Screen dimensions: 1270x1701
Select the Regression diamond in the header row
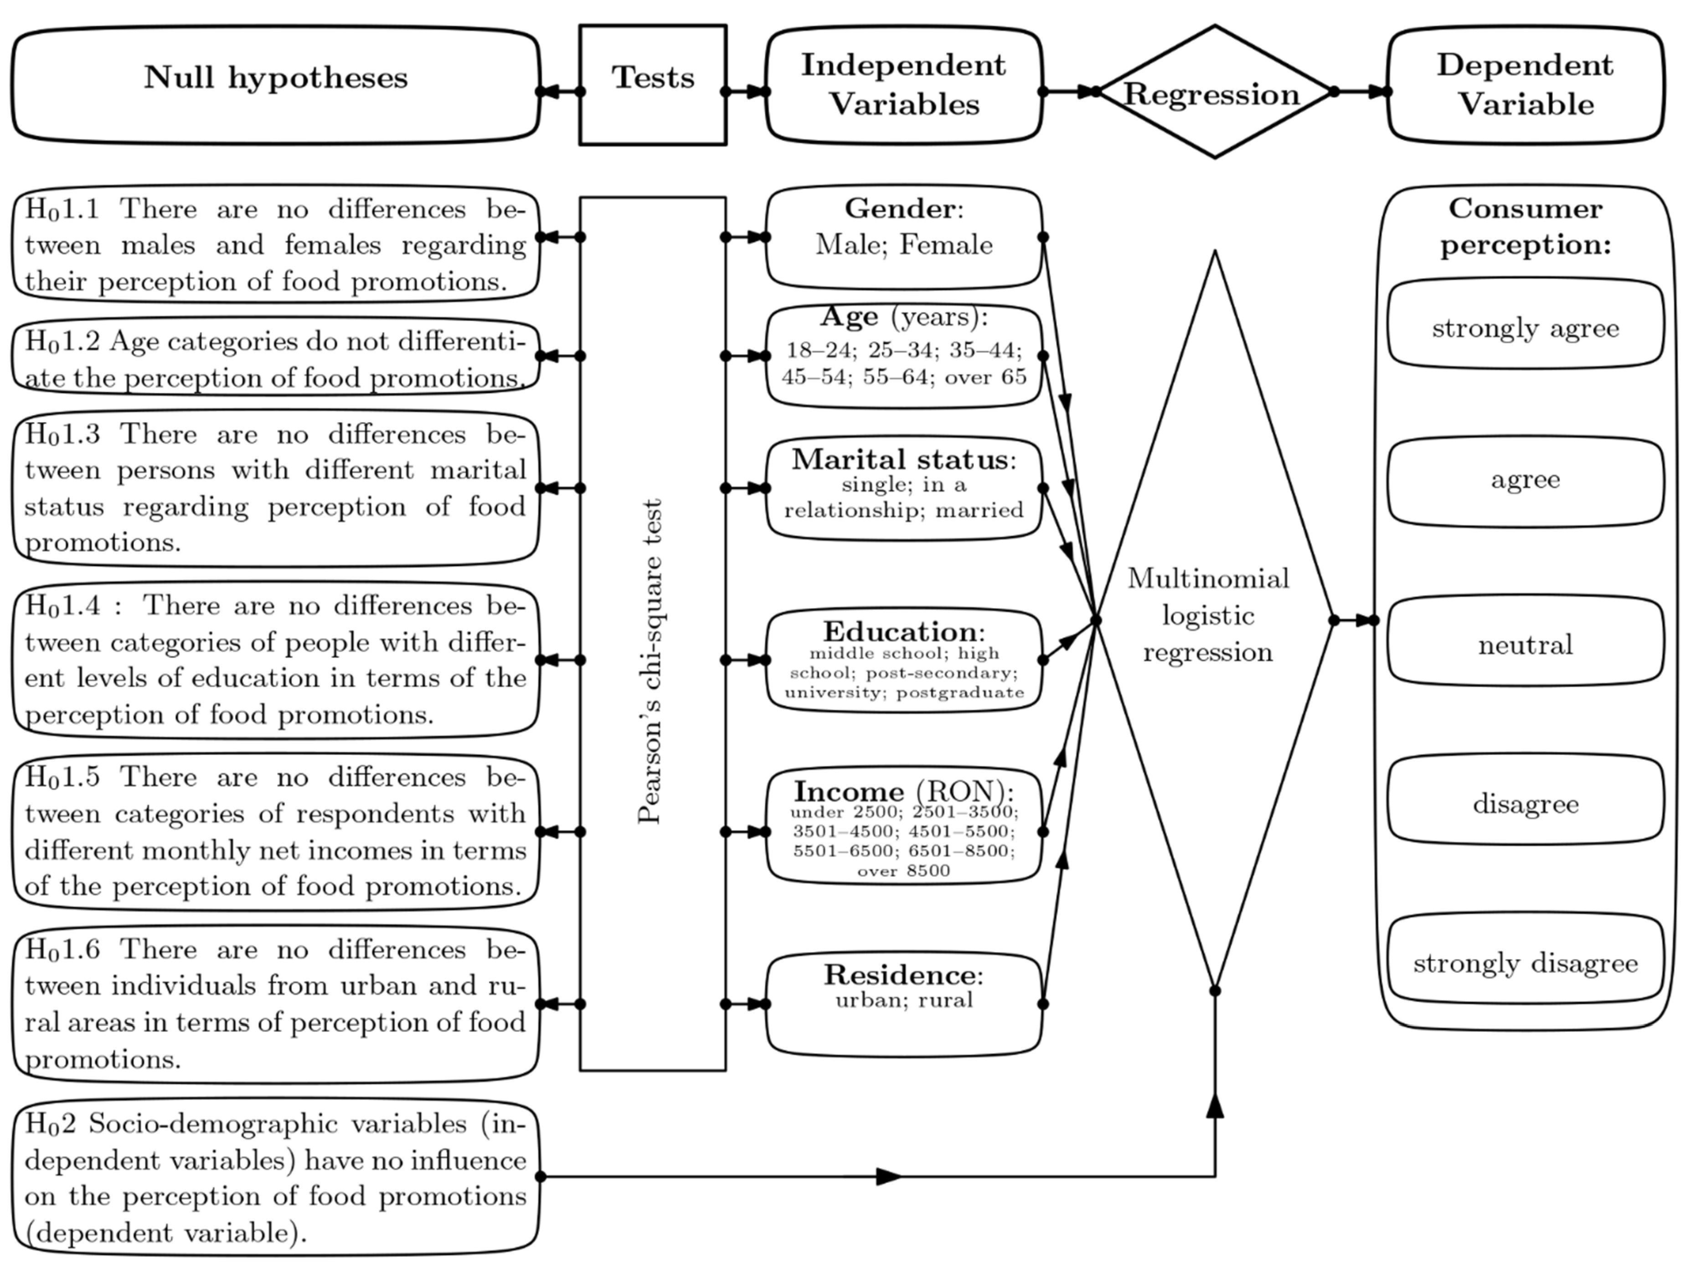(x=1213, y=92)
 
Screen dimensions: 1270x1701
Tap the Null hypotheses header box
(x=275, y=85)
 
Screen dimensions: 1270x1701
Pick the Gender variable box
(x=903, y=236)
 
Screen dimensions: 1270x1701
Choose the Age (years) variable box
(x=903, y=355)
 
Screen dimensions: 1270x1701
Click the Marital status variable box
(x=903, y=488)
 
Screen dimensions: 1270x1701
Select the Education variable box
(x=903, y=660)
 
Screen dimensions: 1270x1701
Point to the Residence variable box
(x=903, y=1003)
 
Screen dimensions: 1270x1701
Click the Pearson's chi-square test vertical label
(x=650, y=661)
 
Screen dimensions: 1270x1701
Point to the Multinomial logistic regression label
(x=1207, y=615)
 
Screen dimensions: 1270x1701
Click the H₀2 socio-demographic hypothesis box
(x=275, y=1176)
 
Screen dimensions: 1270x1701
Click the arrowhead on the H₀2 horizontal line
(x=888, y=1176)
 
